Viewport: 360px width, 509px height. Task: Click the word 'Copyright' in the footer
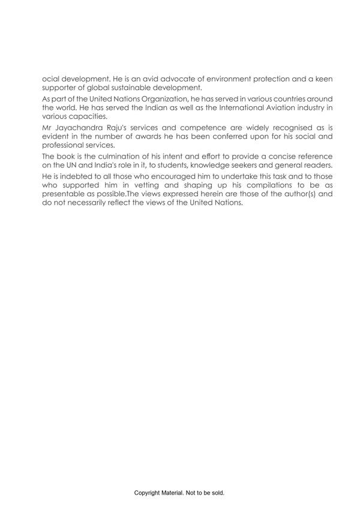point(148,493)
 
